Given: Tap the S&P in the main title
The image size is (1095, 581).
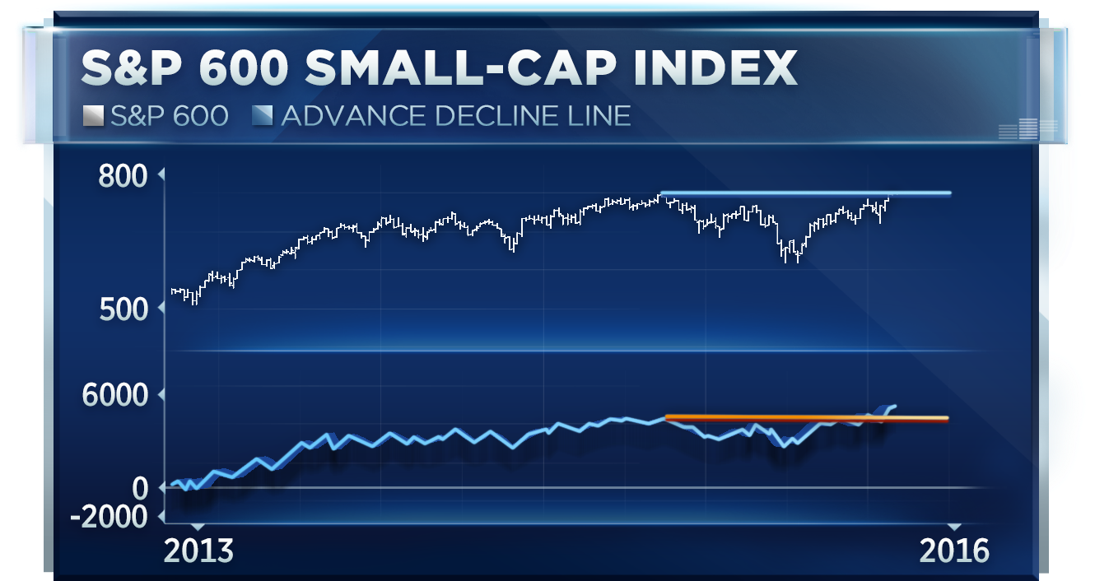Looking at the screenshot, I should click(x=132, y=68).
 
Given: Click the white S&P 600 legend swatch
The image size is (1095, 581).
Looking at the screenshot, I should click(x=92, y=116).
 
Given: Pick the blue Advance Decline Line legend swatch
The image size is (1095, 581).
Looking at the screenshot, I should click(x=261, y=116).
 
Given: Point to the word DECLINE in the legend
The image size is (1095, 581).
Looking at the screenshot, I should click(x=489, y=116).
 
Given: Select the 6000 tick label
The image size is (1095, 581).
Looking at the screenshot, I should click(x=115, y=396).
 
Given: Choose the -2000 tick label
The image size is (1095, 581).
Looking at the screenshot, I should click(x=109, y=517).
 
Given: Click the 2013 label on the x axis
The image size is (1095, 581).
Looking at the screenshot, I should click(x=198, y=551).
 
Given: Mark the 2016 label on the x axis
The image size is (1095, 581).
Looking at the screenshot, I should click(x=953, y=551).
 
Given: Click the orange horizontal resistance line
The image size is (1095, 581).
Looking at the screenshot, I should click(x=807, y=418).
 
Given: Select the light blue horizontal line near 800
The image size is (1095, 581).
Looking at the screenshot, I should click(x=807, y=193).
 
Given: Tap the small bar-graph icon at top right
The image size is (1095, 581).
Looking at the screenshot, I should click(x=1027, y=128).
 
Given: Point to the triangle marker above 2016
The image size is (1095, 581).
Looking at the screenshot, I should click(x=953, y=527).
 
